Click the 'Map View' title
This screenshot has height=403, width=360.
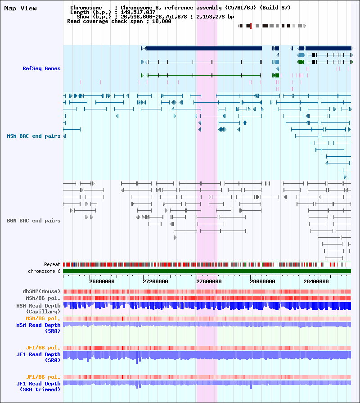[21, 9]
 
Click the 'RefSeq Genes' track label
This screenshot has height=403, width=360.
[41, 68]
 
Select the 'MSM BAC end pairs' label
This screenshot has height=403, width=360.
[34, 136]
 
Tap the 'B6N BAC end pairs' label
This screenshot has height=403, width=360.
[34, 221]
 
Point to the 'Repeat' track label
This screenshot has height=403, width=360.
[52, 264]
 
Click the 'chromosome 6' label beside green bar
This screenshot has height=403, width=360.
[44, 271]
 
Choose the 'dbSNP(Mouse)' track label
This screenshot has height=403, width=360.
[41, 291]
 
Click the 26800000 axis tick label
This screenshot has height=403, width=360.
[102, 281]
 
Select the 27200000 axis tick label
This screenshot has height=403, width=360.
[155, 281]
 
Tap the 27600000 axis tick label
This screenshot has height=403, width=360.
[209, 281]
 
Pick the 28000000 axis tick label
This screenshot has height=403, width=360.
[262, 281]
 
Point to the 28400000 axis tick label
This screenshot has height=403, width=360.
[316, 281]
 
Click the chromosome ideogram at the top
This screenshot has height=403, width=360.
[272, 26]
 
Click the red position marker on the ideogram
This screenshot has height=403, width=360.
[251, 26]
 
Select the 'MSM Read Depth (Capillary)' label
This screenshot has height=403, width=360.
[38, 308]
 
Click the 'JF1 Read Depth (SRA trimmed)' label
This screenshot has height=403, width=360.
[39, 386]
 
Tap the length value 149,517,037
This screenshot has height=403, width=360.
[138, 12]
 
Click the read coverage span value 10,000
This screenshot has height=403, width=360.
[162, 21]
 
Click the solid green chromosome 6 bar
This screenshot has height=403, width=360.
[207, 272]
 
